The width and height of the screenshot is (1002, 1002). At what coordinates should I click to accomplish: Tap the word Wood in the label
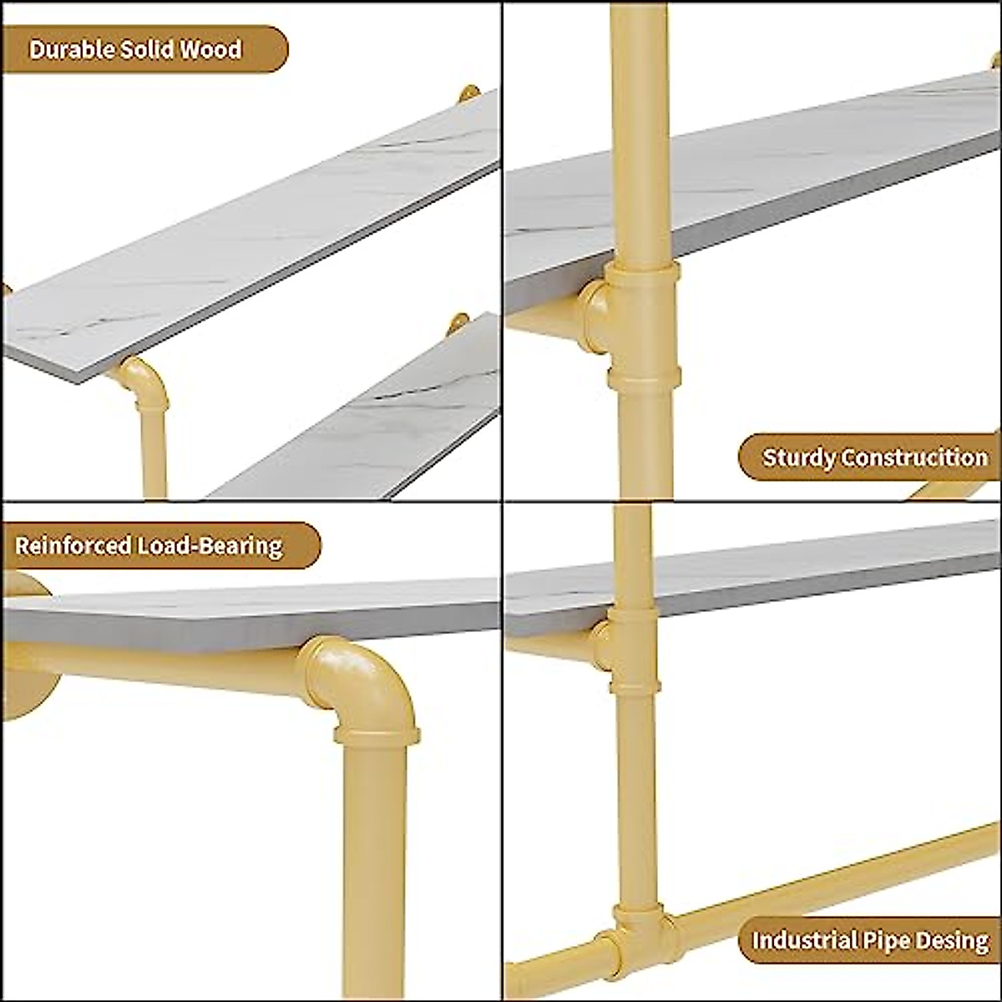point(210,49)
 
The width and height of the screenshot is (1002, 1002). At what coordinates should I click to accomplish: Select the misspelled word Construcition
point(914,458)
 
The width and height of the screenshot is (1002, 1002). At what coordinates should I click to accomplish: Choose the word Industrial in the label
point(804,940)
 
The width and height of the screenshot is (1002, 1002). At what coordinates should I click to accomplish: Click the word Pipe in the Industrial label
point(885,940)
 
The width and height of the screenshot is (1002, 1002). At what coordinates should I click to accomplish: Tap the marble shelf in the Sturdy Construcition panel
point(768,175)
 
